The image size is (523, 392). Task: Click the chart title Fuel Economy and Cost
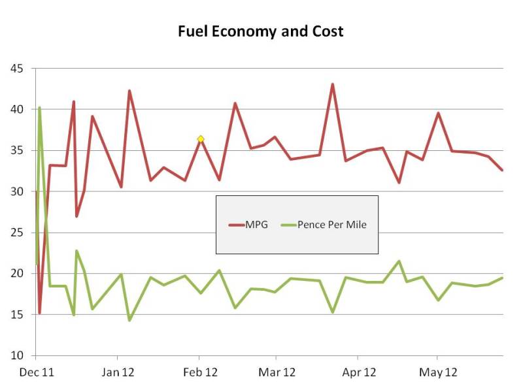click(x=261, y=31)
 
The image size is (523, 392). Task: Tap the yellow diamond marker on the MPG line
click(x=201, y=139)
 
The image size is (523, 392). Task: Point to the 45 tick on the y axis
click(x=16, y=68)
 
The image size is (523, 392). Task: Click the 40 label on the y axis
click(x=16, y=109)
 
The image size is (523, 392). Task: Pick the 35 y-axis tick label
click(x=16, y=150)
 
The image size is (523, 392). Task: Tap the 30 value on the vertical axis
click(x=16, y=191)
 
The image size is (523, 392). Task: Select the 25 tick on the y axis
click(x=16, y=233)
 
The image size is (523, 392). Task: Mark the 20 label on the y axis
click(x=16, y=274)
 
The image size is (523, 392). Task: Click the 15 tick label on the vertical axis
click(x=16, y=315)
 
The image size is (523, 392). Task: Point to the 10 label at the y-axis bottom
click(x=16, y=356)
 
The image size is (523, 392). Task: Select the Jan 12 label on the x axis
click(x=118, y=373)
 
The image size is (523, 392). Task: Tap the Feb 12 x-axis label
click(x=199, y=373)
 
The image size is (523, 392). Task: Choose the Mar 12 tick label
click(x=277, y=373)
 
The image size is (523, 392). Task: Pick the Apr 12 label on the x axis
click(x=358, y=373)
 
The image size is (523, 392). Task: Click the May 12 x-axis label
click(x=437, y=373)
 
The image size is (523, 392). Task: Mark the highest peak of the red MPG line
click(x=332, y=84)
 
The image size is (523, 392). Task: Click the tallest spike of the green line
click(x=40, y=107)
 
